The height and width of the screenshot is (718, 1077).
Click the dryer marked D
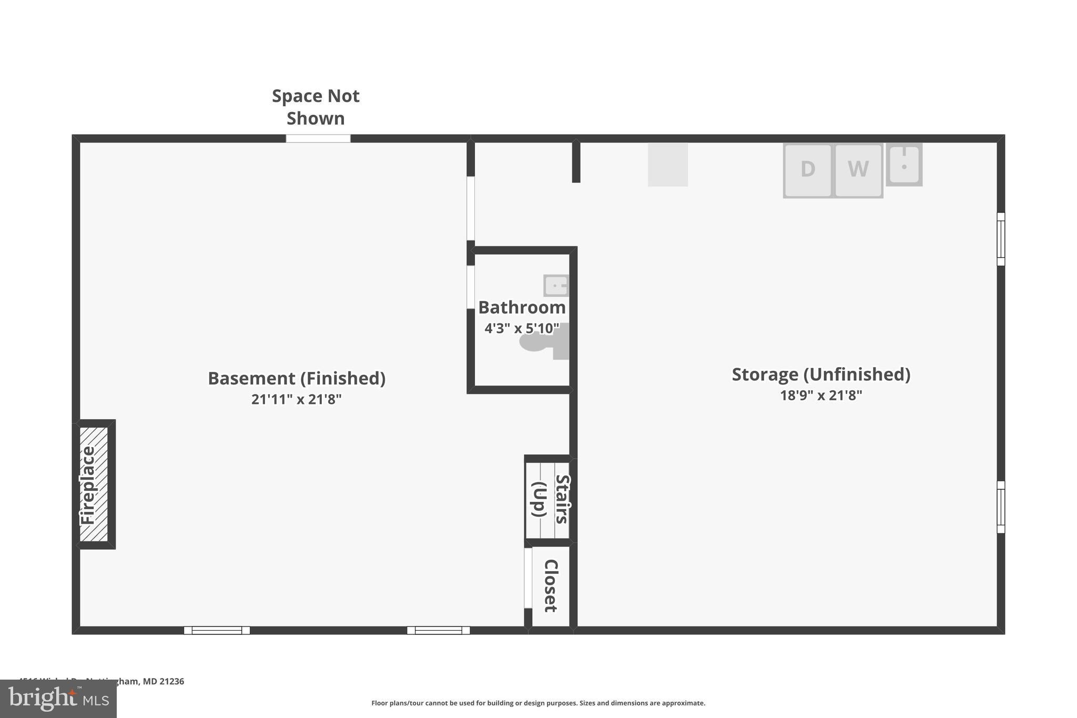807,170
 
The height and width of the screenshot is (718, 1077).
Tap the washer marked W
858,170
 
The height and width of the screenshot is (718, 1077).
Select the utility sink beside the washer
904,165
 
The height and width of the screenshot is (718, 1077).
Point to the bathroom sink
556,286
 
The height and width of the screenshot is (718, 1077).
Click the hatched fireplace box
94,484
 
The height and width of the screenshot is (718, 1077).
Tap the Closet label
551,585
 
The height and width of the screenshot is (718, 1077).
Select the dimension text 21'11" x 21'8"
296,399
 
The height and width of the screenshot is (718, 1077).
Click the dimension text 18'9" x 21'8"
820,395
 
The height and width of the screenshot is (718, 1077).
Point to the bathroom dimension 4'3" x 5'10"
521,328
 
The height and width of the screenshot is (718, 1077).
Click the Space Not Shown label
316,107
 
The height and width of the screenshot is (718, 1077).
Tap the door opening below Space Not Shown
318,138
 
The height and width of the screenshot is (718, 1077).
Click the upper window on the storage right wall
1001,239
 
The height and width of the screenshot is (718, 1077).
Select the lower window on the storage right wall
1001,507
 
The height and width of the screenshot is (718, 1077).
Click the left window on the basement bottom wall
217,630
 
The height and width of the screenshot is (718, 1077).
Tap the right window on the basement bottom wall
438,630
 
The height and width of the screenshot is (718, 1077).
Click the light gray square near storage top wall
667,165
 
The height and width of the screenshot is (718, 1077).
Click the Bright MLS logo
58,699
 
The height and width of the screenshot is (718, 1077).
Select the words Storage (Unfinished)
820,374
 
